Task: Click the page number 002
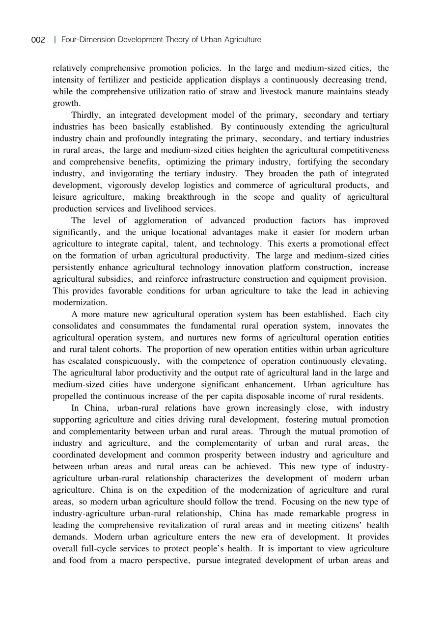coord(38,40)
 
